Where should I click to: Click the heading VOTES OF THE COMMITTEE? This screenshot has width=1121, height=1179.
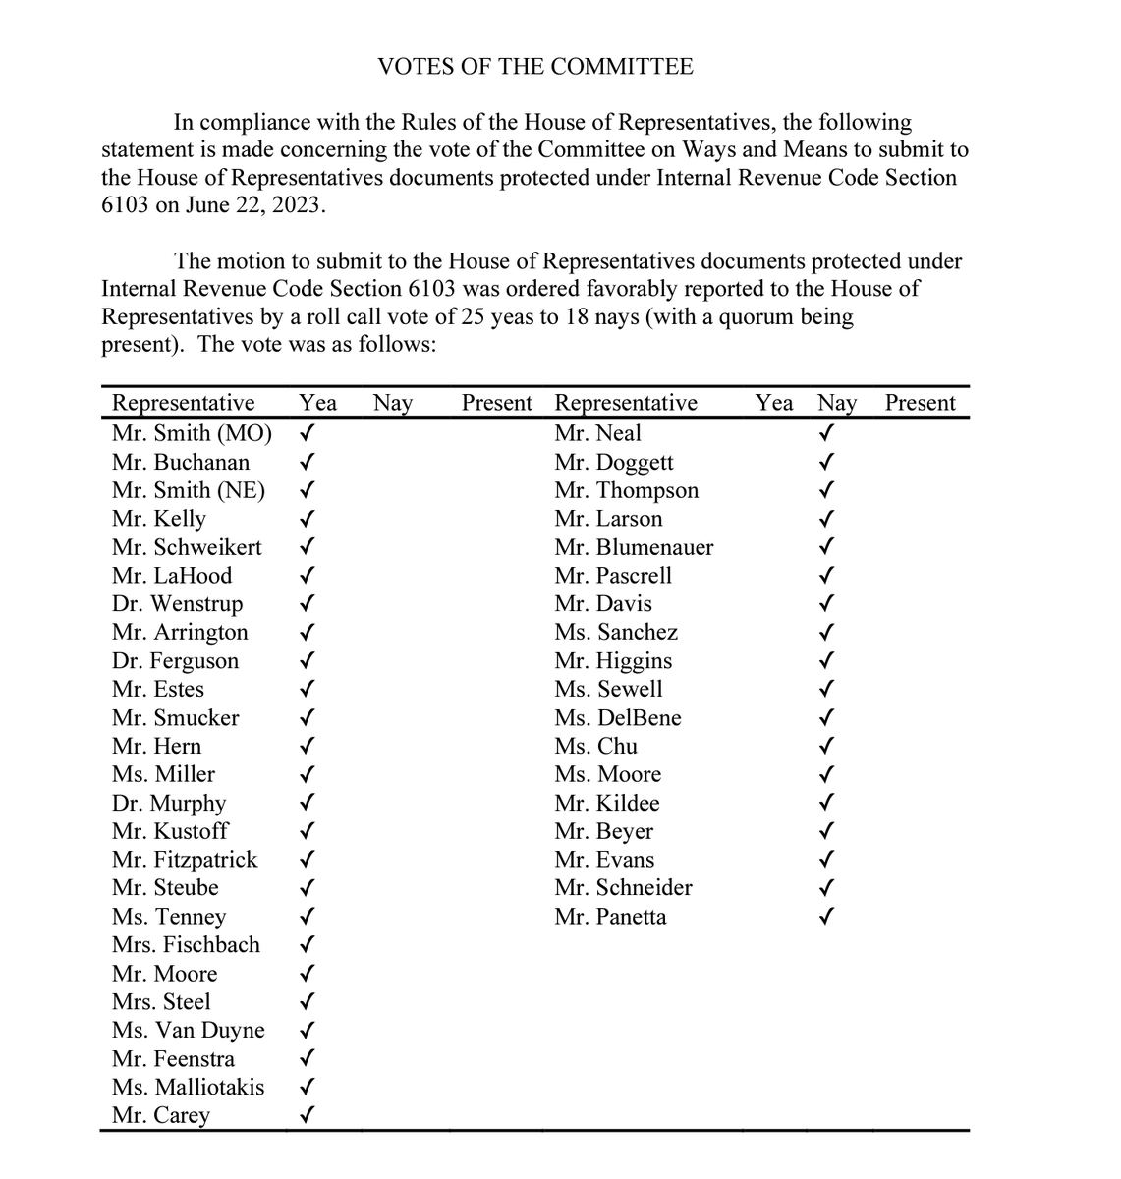(535, 67)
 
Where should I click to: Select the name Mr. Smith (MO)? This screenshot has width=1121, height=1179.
(192, 433)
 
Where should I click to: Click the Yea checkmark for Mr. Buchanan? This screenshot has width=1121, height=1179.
(308, 461)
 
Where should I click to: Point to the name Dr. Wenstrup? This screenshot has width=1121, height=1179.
(177, 603)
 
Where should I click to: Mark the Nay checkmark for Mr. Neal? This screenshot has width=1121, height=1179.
(827, 432)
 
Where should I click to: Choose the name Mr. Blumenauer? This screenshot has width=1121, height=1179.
(634, 547)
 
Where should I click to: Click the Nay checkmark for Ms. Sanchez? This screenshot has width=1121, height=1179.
(827, 632)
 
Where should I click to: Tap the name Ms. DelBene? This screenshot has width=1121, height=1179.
(617, 717)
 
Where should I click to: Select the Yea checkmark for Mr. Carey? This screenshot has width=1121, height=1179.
(308, 1115)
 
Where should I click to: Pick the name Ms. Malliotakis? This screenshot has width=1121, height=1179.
(188, 1087)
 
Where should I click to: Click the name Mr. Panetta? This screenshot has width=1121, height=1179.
(610, 917)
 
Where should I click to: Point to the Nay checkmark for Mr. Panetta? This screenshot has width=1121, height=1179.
(827, 917)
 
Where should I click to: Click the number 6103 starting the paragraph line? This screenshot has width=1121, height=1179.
(125, 205)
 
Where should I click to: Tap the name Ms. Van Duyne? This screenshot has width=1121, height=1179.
(188, 1030)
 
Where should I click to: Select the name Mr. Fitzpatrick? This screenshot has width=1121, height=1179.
(185, 860)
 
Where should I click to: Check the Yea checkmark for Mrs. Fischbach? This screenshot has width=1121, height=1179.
(308, 945)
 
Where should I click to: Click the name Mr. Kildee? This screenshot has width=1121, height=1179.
(606, 803)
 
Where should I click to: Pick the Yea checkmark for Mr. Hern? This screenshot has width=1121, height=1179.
(308, 746)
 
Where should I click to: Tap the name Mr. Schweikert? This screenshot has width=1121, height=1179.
(187, 547)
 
